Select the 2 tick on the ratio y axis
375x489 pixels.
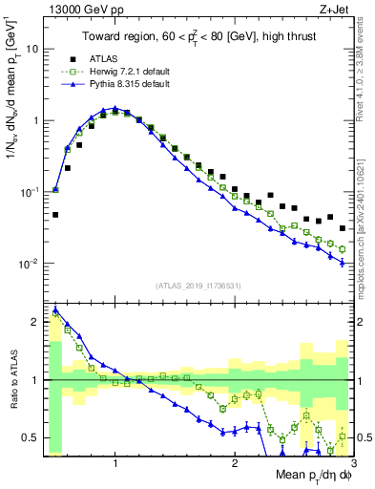pos(34,323)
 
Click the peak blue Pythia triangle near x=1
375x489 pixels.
pos(115,109)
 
